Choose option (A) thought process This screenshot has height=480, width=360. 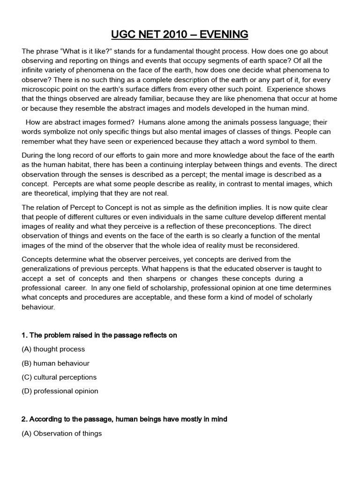pos(53,349)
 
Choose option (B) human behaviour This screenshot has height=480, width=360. pos(55,363)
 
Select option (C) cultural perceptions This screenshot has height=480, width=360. pos(59,377)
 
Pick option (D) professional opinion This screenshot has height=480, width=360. pos(60,391)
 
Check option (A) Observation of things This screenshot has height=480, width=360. pos(61,434)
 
